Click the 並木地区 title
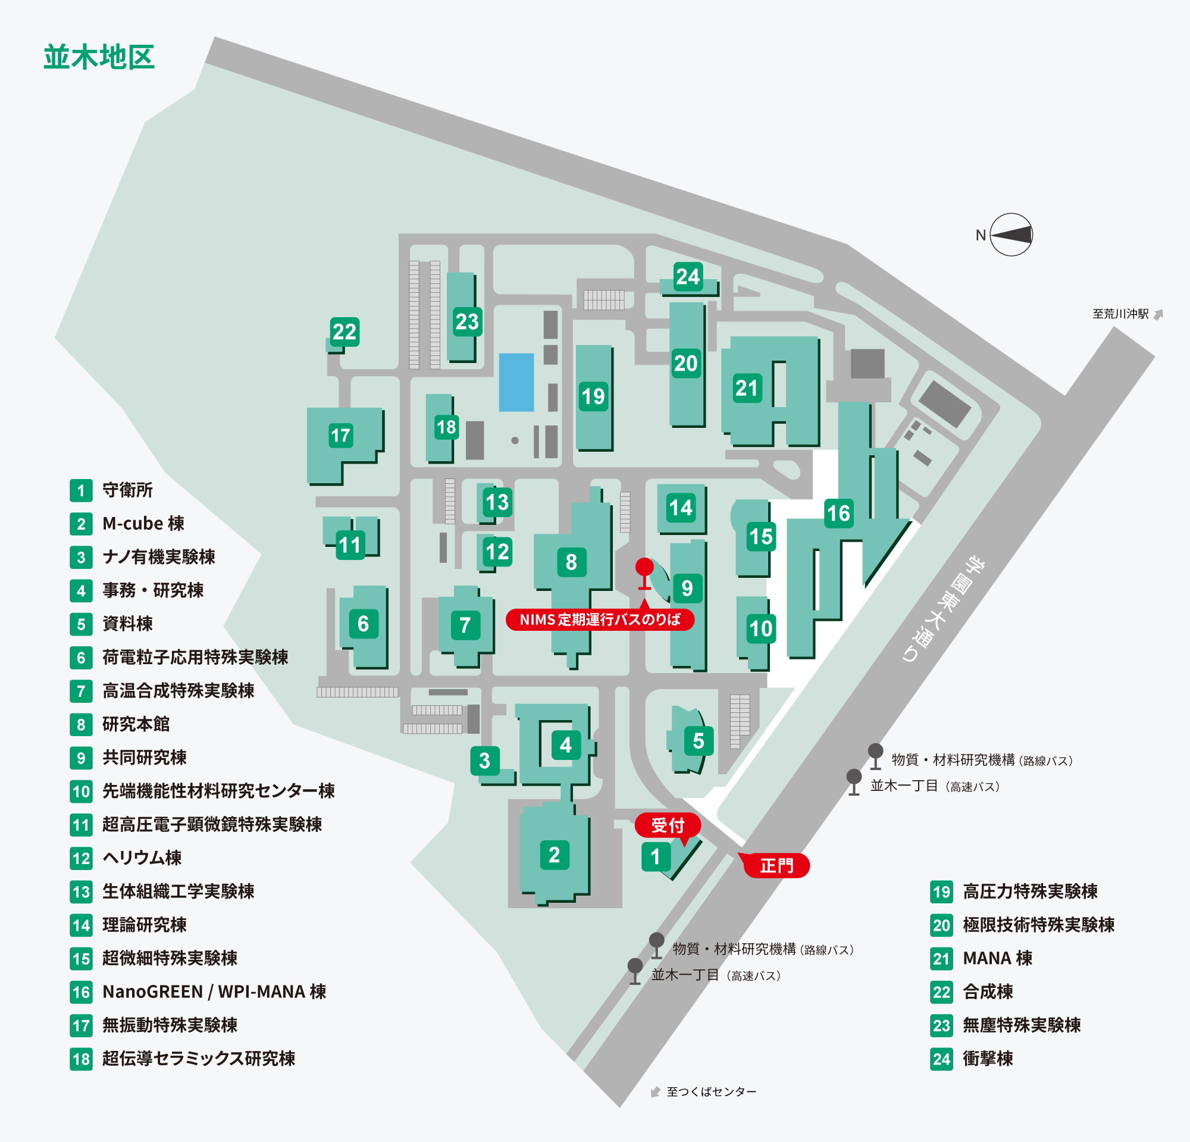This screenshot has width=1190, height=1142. point(99,57)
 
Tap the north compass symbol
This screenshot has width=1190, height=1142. point(1011,234)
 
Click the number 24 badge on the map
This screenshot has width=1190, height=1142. point(688,276)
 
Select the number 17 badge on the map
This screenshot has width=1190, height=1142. point(340,434)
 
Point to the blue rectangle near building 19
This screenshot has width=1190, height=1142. point(516,383)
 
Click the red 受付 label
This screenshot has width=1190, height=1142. point(668,825)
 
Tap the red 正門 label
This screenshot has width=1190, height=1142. point(776,865)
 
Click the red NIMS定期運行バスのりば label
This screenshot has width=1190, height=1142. point(600,620)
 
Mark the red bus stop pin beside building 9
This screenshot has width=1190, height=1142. point(644,574)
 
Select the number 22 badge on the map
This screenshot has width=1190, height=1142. point(345,331)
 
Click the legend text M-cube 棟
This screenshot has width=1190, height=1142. point(143,523)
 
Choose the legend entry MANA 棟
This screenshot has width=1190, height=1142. point(998,958)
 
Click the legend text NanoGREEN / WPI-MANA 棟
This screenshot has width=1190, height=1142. point(214,991)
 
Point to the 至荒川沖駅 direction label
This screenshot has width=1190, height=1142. point(1121,314)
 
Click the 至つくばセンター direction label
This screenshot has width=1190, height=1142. point(712,1091)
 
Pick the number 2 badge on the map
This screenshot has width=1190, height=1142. point(555,855)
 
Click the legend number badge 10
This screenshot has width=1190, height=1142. point(82,791)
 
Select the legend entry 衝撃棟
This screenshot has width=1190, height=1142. point(988,1058)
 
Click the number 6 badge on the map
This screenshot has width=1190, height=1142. point(363,624)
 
